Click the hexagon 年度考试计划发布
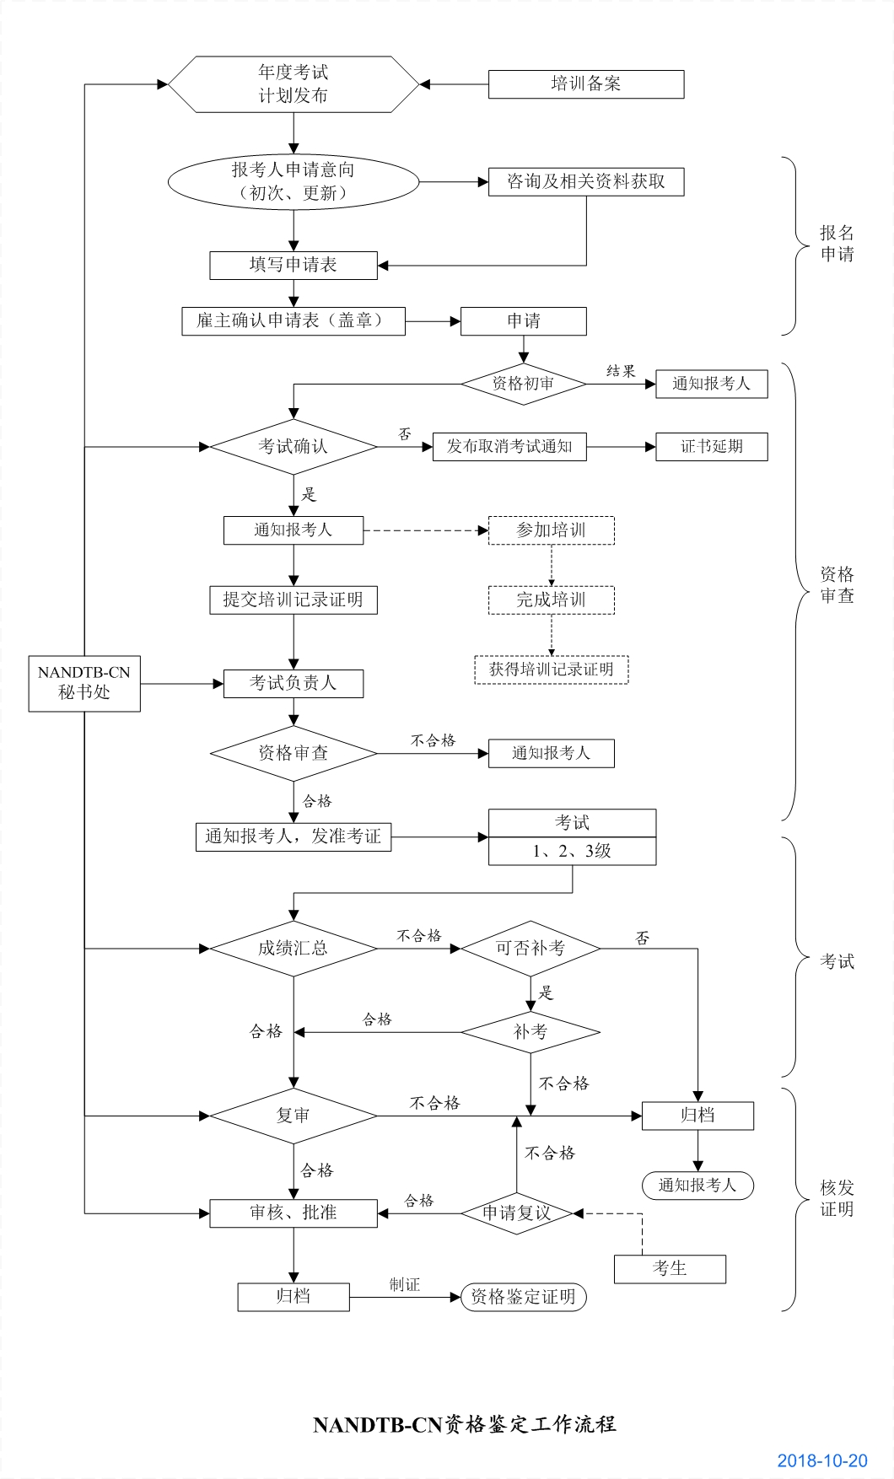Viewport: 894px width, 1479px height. (x=293, y=84)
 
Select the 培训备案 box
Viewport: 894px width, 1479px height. (x=585, y=84)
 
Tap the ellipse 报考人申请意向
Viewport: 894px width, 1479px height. (x=293, y=181)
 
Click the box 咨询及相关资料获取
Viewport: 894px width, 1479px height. (x=585, y=182)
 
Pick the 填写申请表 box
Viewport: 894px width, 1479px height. (x=293, y=265)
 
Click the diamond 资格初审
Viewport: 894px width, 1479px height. (x=523, y=384)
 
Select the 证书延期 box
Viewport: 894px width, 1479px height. (x=711, y=447)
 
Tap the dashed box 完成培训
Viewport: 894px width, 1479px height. (x=551, y=600)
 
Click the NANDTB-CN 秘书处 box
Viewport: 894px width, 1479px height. (x=84, y=683)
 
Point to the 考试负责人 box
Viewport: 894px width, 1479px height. (x=293, y=683)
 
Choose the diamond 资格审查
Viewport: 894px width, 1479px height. (x=293, y=753)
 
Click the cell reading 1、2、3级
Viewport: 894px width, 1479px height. (x=572, y=852)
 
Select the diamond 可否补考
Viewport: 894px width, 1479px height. (x=530, y=949)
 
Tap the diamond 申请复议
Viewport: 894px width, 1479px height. (x=516, y=1213)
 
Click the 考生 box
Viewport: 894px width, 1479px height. (x=670, y=1269)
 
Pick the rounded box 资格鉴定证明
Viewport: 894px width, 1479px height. (x=523, y=1297)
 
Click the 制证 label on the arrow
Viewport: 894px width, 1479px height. (x=404, y=1285)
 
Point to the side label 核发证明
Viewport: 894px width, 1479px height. (x=837, y=1199)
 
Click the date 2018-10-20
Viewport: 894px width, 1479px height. (x=821, y=1461)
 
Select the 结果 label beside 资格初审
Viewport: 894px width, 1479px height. (x=621, y=371)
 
